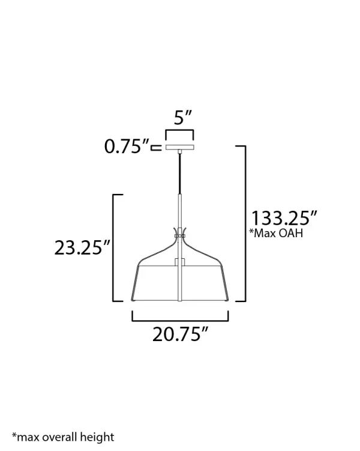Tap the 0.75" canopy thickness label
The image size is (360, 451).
(x=127, y=146)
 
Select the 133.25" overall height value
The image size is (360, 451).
(x=284, y=218)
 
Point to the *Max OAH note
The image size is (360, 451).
(x=276, y=233)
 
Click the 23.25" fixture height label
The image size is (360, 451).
(x=82, y=247)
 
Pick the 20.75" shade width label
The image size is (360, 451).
(x=180, y=334)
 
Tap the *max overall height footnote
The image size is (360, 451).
(x=63, y=437)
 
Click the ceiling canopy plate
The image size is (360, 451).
(x=180, y=147)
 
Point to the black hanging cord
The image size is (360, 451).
(x=180, y=174)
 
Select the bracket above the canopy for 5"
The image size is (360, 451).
(x=179, y=130)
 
